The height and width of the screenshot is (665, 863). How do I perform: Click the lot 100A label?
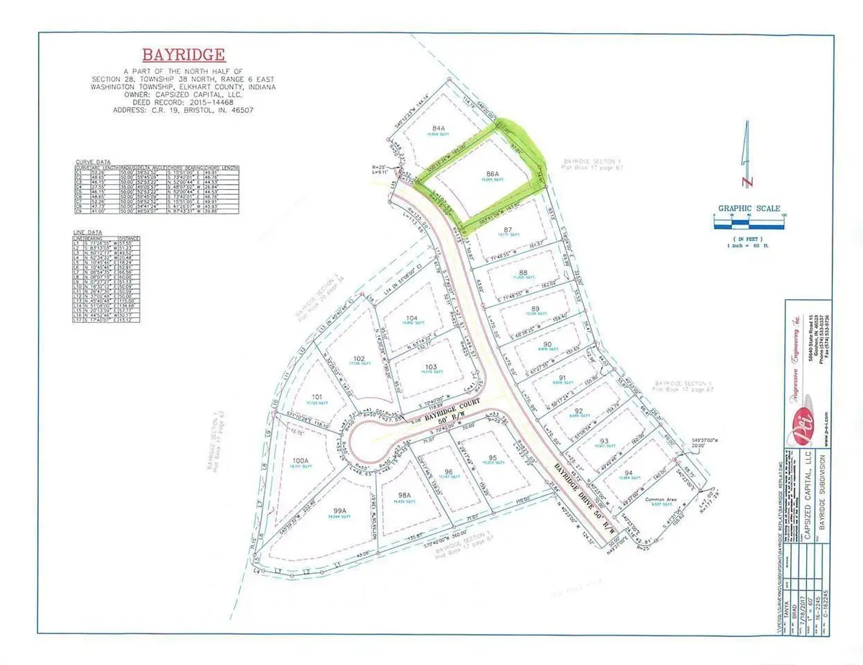click(x=299, y=459)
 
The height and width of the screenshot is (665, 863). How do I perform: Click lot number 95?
click(x=493, y=458)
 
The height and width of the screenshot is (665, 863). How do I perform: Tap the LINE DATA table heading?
click(x=88, y=232)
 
